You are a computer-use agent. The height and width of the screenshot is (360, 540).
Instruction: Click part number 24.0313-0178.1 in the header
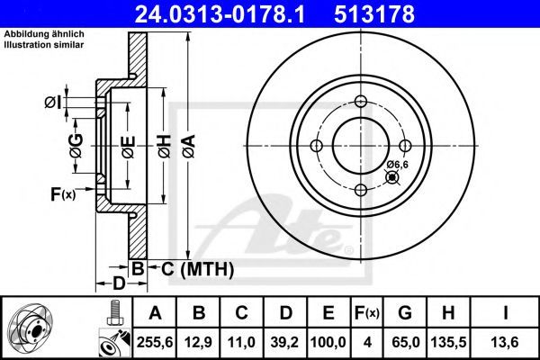220,14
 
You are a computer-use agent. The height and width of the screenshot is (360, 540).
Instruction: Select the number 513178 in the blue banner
374,14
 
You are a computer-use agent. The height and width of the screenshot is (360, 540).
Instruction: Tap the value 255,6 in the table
155,342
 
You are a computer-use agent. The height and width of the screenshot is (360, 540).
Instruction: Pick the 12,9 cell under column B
198,342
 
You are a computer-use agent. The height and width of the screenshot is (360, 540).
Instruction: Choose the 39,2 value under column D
284,342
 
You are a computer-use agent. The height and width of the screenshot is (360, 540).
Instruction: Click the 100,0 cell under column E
328,342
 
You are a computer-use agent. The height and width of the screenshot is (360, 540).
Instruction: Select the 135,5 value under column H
448,342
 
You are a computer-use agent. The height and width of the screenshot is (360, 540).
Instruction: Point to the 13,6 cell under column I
505,342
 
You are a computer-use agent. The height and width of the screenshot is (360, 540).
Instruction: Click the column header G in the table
405,313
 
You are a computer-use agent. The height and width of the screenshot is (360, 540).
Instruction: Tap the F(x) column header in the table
367,313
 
